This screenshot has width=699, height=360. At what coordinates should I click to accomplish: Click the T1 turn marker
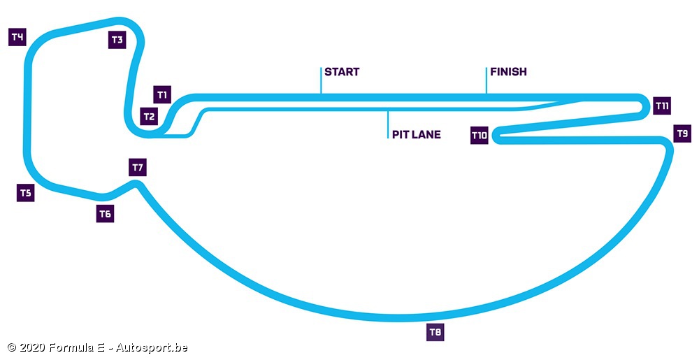tap(162, 94)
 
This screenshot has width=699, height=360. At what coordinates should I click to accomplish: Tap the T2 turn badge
tap(148, 117)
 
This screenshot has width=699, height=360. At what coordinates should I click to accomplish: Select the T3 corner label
tap(117, 40)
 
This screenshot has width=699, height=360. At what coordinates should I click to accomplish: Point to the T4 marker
tap(17, 37)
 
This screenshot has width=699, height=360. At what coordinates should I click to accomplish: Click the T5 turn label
tap(25, 194)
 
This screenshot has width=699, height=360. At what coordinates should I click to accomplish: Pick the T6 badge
tap(105, 214)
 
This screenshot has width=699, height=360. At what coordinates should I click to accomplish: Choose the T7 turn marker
tap(137, 168)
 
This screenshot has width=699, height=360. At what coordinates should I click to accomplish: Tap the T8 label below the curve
tap(435, 333)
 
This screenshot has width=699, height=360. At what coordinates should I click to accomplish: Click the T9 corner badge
tap(682, 133)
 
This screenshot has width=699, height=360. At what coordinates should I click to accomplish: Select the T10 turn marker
tap(479, 136)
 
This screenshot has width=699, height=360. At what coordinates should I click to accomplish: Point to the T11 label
tap(662, 106)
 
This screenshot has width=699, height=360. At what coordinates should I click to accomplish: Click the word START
tap(342, 72)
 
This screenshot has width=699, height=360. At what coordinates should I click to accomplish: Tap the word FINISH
tap(508, 72)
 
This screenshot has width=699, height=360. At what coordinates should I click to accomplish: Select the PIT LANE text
tap(416, 134)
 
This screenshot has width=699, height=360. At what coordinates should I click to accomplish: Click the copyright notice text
tap(97, 347)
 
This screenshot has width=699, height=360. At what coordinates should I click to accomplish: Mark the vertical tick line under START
tap(321, 80)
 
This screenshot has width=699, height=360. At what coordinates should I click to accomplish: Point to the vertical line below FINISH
tap(487, 80)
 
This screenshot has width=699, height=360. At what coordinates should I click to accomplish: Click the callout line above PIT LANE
tap(388, 124)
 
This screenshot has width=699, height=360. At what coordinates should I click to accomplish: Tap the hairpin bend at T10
tap(496, 135)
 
